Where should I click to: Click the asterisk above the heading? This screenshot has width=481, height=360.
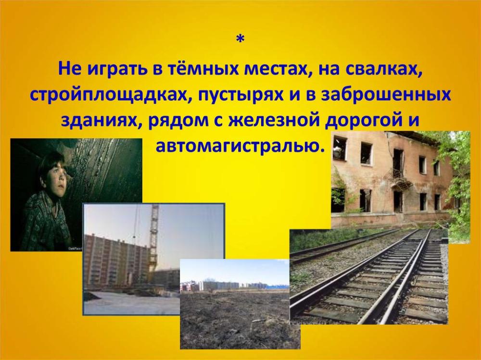tap(240, 39)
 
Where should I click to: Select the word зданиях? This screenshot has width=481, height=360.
tap(101, 120)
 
